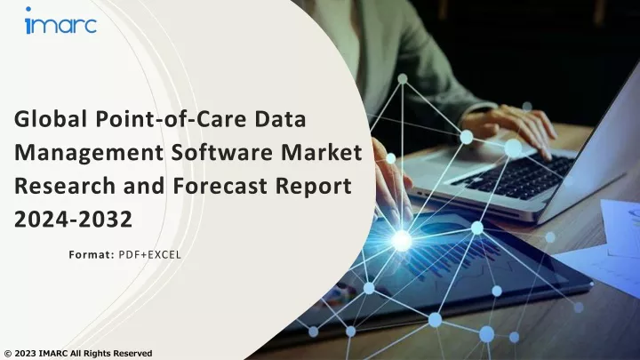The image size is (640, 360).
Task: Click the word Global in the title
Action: [x=51, y=119]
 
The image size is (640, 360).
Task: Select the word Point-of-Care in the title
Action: [x=171, y=119]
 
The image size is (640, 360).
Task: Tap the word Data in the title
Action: [x=280, y=119]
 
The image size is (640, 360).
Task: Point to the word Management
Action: [x=89, y=153]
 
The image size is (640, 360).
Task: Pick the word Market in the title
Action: [x=322, y=152]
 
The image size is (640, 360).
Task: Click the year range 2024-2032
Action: [x=74, y=220]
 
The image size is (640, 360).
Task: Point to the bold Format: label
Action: [x=92, y=255]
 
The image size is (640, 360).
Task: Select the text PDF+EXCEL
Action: [x=150, y=255]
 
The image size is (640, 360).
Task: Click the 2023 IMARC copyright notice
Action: [x=78, y=354]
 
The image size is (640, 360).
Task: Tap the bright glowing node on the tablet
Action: [x=402, y=240]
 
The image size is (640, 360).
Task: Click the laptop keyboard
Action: [x=515, y=174]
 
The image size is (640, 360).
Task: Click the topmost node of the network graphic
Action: [x=403, y=79]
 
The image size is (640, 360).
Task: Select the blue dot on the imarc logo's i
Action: [x=28, y=9]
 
